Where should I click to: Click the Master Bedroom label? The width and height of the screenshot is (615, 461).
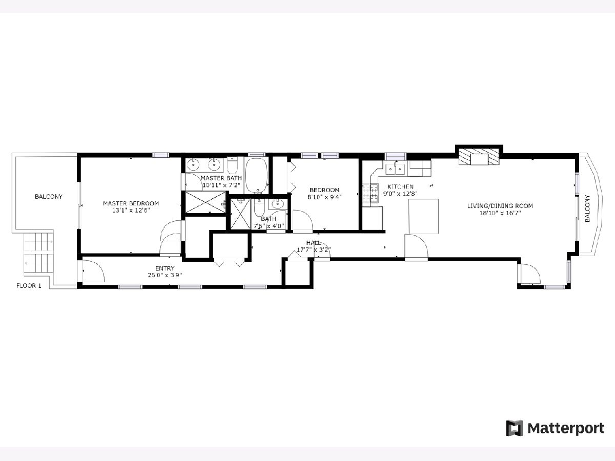131,203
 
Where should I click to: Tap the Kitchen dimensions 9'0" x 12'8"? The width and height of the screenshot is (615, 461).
400,194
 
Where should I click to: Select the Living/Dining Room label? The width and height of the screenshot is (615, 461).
500,206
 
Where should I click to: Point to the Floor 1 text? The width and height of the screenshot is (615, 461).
29,286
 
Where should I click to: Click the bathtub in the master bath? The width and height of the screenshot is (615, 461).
256,176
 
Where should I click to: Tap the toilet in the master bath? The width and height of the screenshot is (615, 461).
232,165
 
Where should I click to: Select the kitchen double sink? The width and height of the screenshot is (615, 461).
395,169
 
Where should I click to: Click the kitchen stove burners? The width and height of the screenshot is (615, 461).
370,193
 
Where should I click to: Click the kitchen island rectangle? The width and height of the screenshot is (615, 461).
423,216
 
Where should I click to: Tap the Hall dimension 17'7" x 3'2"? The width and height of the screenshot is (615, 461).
314,249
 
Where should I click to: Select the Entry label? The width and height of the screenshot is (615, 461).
165,268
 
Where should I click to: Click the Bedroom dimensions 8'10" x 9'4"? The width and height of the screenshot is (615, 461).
324,197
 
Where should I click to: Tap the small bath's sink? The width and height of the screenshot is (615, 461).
278,204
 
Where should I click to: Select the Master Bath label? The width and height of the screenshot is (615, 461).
221,178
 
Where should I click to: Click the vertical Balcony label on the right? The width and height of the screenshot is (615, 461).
587,208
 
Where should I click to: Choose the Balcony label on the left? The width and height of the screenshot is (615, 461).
49,197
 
